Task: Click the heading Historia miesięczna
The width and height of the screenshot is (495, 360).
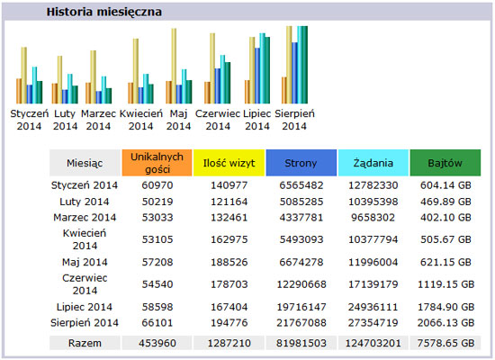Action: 104,12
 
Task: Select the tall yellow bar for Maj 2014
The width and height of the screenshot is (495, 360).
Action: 174,66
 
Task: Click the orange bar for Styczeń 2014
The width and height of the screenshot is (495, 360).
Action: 19,91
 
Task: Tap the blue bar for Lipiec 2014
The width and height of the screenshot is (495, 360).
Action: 257,76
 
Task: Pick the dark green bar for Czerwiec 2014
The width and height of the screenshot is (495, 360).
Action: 228,83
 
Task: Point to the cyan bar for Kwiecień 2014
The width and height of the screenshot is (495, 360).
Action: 146,89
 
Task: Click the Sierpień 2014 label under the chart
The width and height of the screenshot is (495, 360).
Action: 294,120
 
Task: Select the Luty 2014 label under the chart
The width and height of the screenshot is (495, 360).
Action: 65,120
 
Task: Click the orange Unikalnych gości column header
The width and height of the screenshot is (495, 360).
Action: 157,163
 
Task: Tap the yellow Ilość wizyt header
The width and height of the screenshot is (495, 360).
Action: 229,163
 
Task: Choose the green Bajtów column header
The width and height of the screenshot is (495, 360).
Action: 445,163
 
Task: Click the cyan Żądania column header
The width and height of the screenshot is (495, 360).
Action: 373,163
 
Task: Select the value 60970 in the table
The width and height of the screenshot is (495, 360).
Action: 157,185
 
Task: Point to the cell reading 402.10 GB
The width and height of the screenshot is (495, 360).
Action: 445,217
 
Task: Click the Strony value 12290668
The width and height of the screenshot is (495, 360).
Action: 301,284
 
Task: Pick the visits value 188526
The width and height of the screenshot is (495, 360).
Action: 229,262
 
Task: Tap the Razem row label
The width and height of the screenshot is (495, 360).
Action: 85,343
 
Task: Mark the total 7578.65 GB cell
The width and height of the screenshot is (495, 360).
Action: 445,343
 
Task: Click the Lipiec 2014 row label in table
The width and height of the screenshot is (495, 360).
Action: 85,307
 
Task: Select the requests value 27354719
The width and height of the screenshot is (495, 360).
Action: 373,323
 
